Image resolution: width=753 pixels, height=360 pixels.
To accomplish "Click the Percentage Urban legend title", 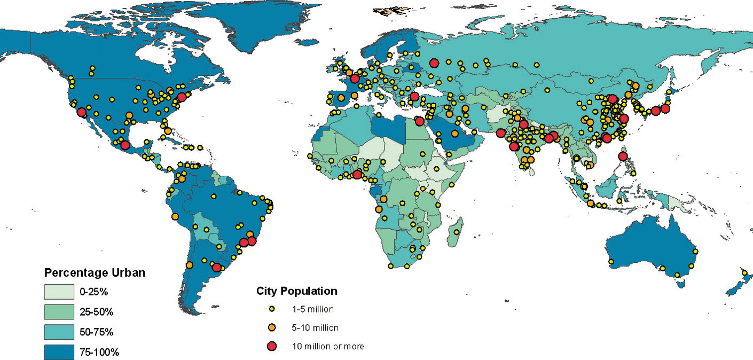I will pos(95,273).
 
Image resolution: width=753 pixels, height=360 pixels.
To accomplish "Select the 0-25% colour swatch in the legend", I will pos(58,292).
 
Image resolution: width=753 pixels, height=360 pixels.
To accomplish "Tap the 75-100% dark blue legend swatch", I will pos(58,352).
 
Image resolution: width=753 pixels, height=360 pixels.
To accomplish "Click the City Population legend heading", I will pos(297,291).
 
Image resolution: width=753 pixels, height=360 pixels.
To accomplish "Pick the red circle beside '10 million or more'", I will pos(271,347).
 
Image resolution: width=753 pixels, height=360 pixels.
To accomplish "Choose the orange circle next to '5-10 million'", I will pos(271,327).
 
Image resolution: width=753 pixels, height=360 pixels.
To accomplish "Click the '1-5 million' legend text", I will pos(313,309).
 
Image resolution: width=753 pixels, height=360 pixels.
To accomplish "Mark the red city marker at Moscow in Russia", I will pos(434,62).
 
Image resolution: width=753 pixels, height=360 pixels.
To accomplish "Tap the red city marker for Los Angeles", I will pos(81,112).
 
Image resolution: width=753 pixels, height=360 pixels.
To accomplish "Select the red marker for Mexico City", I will pos(125,145).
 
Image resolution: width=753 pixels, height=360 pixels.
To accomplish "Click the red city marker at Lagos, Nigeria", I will pos(357,174).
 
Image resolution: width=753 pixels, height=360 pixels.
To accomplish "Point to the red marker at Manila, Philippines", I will pos(622,156).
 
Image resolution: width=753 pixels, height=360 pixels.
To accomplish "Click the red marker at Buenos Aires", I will pos(217,267).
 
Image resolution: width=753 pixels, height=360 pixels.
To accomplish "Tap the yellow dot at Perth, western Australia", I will pos(611,262).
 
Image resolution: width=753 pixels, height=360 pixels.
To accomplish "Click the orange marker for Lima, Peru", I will pos(175,216).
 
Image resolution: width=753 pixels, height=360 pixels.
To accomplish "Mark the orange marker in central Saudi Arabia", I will pos(454,134).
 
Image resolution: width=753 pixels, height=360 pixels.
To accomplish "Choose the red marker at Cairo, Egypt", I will pos(419,121).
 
